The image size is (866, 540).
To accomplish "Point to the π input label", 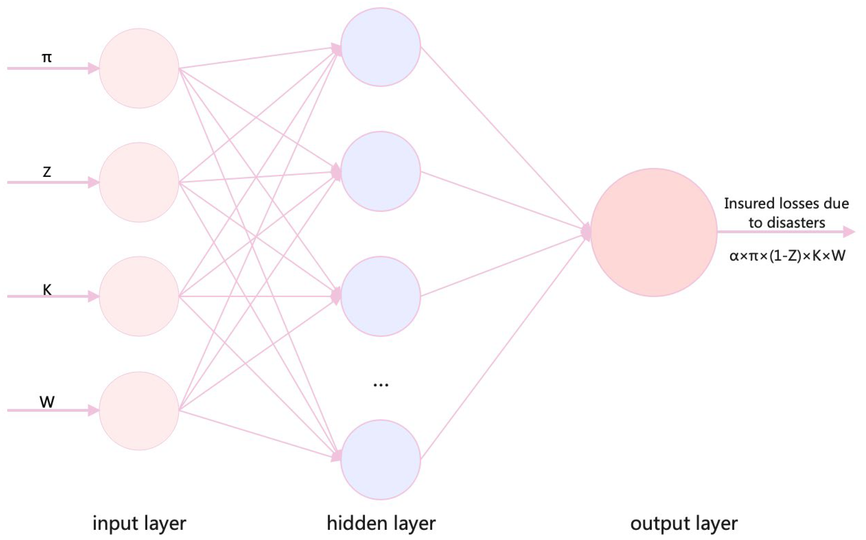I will [x=47, y=57].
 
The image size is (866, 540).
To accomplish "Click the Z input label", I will [x=47, y=172].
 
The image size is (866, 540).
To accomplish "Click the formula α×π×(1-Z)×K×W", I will [x=787, y=256].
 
